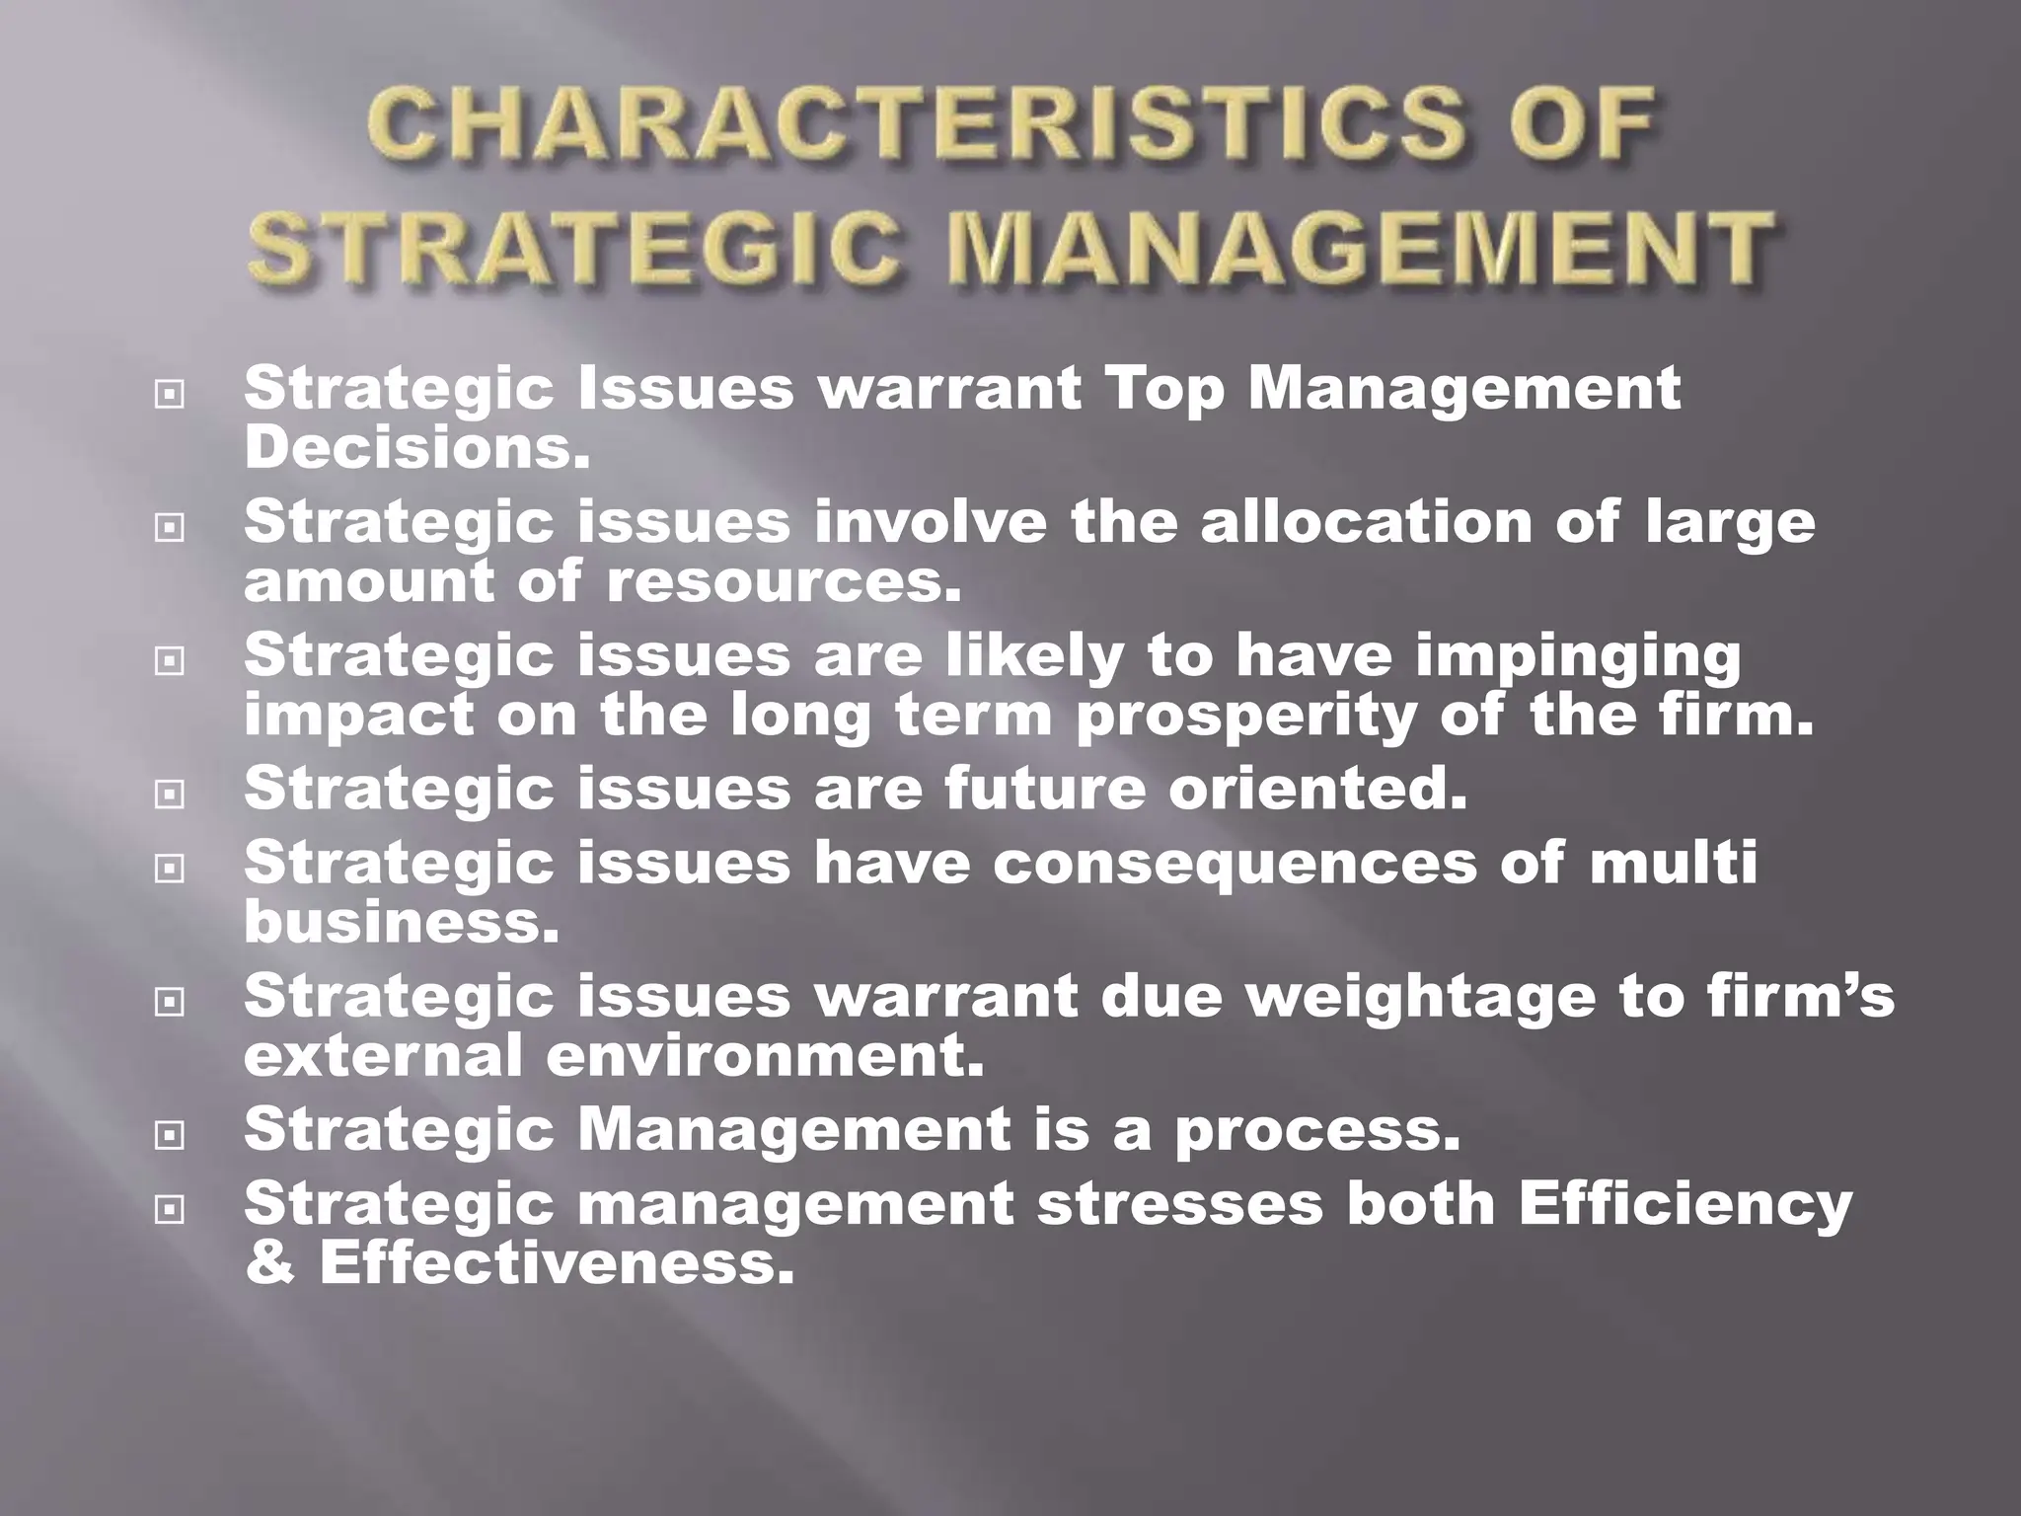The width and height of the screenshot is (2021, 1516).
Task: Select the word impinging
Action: [1578, 656]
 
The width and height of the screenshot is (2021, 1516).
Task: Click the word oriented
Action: [1317, 789]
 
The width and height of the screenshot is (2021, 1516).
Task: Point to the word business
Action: [401, 922]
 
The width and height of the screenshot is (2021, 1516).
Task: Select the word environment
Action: [765, 1055]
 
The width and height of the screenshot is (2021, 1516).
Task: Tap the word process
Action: [1316, 1129]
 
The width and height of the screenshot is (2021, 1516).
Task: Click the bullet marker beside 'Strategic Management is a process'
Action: [170, 1136]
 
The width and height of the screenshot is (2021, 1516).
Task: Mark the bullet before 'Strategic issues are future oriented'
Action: [170, 795]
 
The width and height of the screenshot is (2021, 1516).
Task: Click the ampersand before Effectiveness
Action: [268, 1262]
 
